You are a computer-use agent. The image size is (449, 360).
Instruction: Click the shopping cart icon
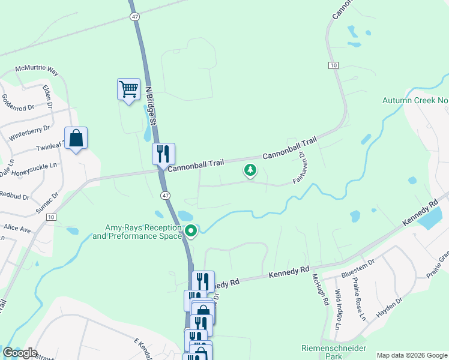(128, 89)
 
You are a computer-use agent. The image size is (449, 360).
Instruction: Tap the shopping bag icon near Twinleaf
(76, 138)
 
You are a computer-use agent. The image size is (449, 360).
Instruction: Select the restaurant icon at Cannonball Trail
(163, 154)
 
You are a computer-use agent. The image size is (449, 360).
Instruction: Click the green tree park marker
(250, 170)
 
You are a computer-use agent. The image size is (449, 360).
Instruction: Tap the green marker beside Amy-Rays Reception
(191, 230)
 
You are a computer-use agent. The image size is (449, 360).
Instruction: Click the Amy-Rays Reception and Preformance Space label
(143, 232)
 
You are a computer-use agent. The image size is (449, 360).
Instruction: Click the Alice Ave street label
(17, 229)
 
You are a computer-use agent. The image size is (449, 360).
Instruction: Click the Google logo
(20, 353)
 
